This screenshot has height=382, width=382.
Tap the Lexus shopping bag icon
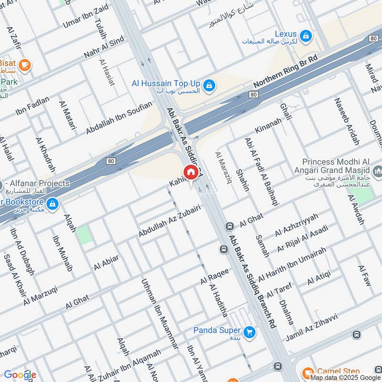(306, 35)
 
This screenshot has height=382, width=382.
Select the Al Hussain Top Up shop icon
(208, 86)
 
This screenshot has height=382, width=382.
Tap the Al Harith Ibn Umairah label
(292, 265)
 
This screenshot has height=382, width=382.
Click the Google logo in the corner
(20, 375)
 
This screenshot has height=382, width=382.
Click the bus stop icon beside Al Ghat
(229, 226)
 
